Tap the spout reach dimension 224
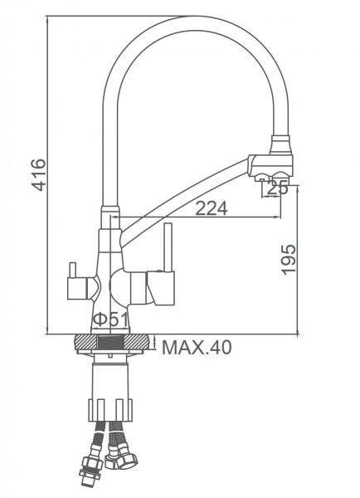coord(211,209)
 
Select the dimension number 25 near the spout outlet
coord(279,188)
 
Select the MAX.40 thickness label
coord(197,346)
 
